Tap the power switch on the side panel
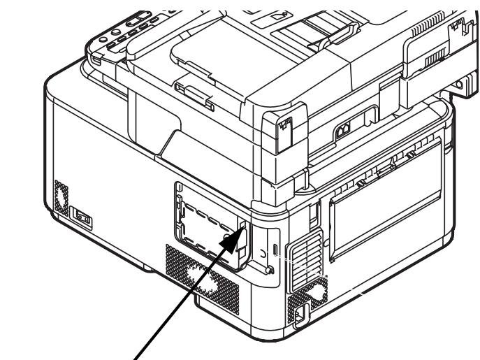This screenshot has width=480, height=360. (82, 218)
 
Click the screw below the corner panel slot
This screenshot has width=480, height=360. (269, 269)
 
